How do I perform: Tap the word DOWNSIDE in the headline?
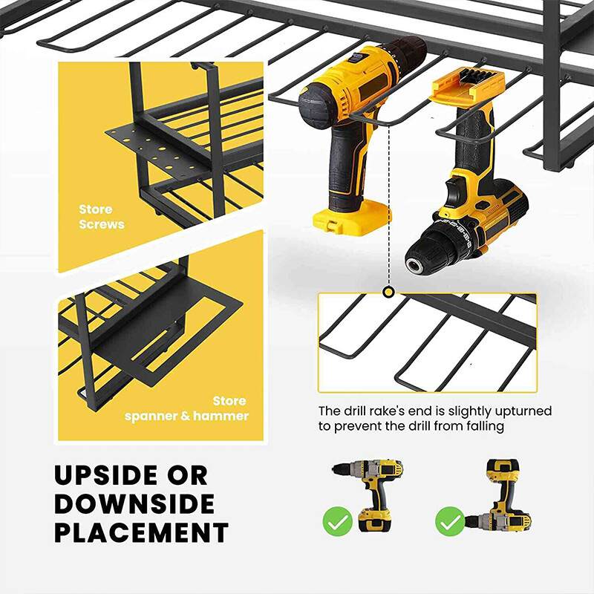(134, 504)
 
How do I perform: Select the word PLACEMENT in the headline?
(140, 533)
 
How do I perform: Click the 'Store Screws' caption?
(101, 217)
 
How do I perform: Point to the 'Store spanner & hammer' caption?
(186, 409)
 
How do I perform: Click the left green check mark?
(337, 520)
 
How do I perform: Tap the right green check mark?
(449, 520)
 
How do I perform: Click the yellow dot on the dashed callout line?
(388, 293)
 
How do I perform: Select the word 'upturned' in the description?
(523, 411)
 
